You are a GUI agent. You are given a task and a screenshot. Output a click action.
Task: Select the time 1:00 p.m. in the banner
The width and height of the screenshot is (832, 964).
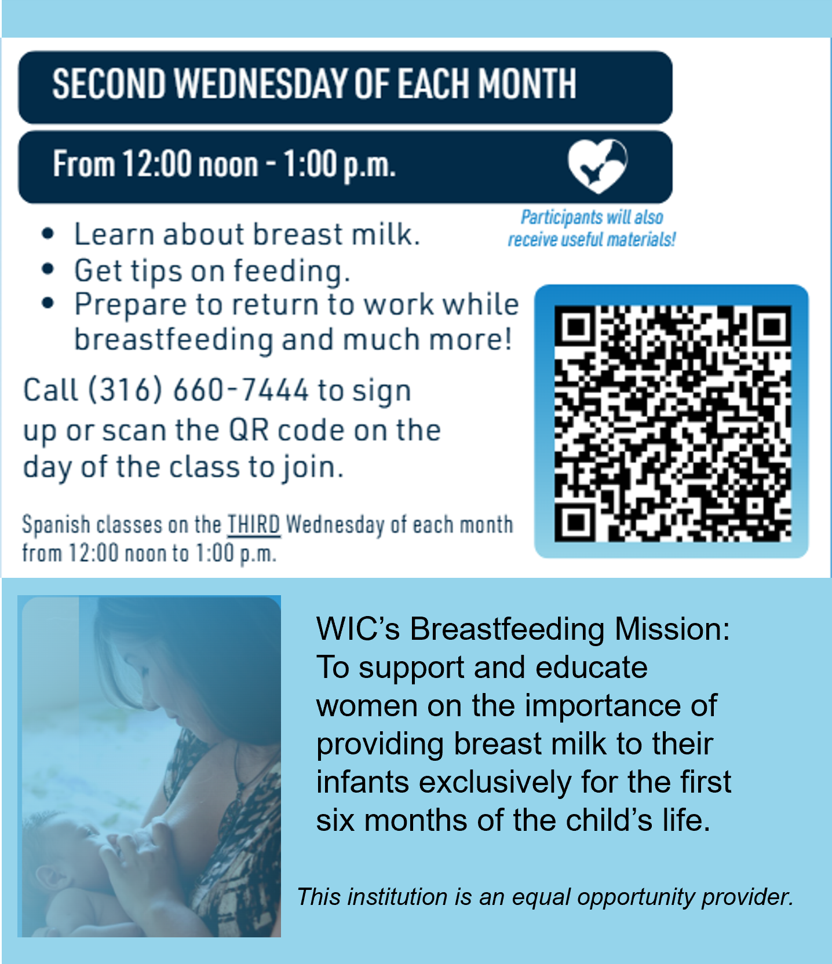340,165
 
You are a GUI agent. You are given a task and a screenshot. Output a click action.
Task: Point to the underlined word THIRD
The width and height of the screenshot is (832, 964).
253,525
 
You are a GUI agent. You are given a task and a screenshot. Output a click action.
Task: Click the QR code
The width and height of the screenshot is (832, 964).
672,423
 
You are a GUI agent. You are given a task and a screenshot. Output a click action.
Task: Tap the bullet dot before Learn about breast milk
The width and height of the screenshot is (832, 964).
48,234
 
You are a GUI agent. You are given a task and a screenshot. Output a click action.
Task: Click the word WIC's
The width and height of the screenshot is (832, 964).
357,629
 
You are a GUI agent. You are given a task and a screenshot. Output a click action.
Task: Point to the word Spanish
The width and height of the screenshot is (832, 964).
56,525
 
